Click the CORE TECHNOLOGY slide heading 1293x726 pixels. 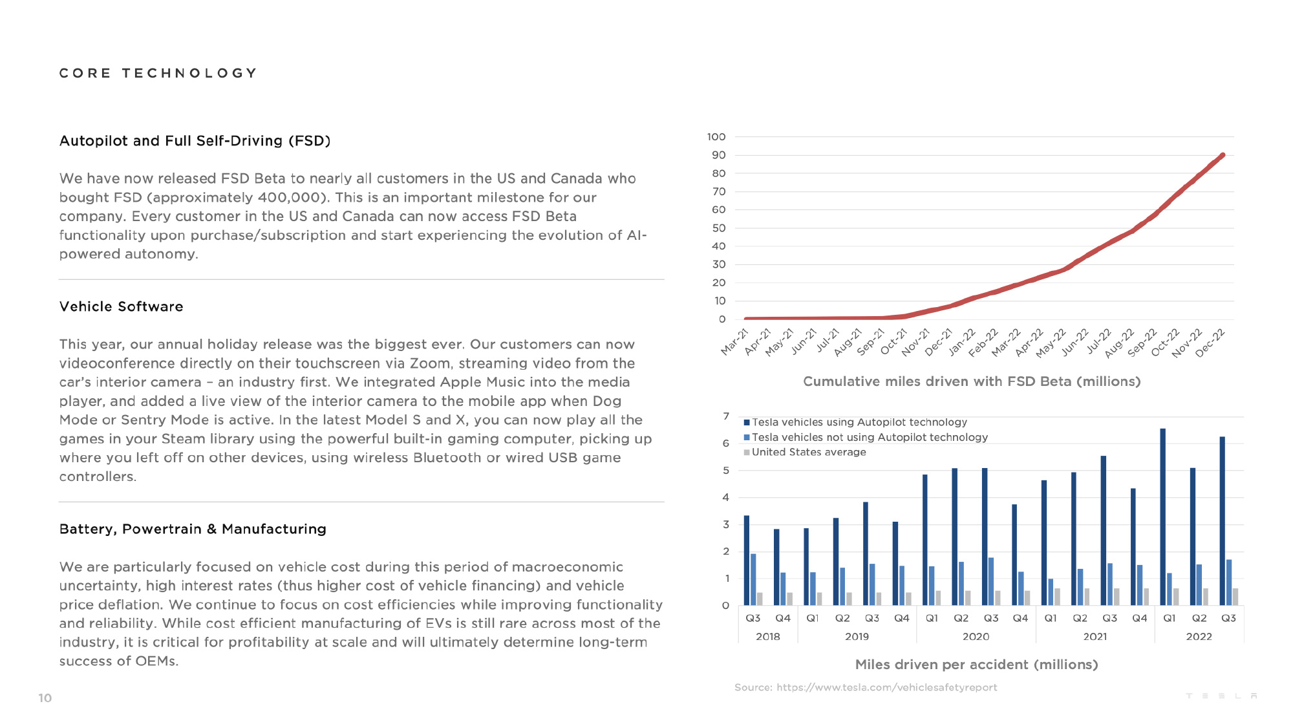[x=158, y=73]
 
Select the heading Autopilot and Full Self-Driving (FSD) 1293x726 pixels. [x=195, y=141]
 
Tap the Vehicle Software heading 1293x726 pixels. [x=122, y=306]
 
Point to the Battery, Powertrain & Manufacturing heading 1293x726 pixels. [x=193, y=529]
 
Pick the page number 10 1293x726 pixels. [x=45, y=698]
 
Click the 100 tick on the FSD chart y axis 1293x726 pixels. [x=716, y=137]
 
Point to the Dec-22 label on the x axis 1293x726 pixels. [x=1210, y=343]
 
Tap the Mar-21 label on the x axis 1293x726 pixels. [x=734, y=343]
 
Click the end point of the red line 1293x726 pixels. [x=1223, y=155]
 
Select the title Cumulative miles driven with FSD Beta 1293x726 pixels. [x=972, y=381]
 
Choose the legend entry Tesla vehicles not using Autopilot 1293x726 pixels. [x=866, y=437]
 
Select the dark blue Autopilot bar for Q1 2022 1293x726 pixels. [x=1163, y=517]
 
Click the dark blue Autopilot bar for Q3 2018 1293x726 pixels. [x=747, y=561]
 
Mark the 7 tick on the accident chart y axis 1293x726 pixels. [x=726, y=416]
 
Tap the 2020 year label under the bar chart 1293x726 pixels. [x=976, y=637]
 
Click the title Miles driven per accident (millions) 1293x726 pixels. [x=976, y=665]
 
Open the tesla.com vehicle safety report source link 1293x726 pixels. [x=887, y=687]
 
